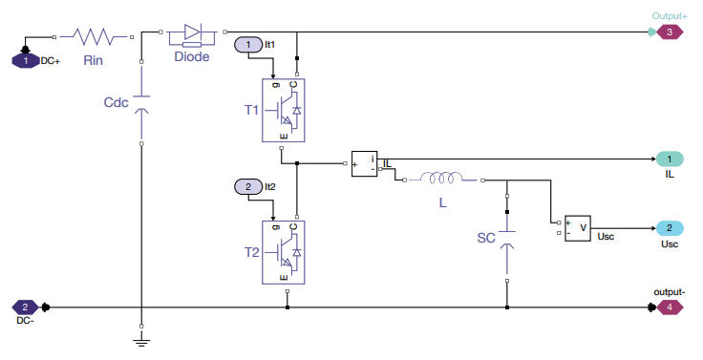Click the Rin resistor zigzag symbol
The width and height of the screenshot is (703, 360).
[94, 36]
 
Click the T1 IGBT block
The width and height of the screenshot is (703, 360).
[284, 111]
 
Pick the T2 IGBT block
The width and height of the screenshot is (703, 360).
[284, 251]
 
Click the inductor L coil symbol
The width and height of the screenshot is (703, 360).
[442, 179]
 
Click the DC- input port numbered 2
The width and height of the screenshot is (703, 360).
[25, 307]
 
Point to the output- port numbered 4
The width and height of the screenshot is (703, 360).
[671, 307]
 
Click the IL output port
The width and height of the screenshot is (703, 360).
[670, 159]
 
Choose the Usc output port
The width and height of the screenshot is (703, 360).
[670, 228]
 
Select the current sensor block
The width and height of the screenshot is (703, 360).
[364, 164]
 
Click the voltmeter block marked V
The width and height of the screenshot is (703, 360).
[577, 227]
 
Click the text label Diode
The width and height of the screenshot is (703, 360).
[191, 56]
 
